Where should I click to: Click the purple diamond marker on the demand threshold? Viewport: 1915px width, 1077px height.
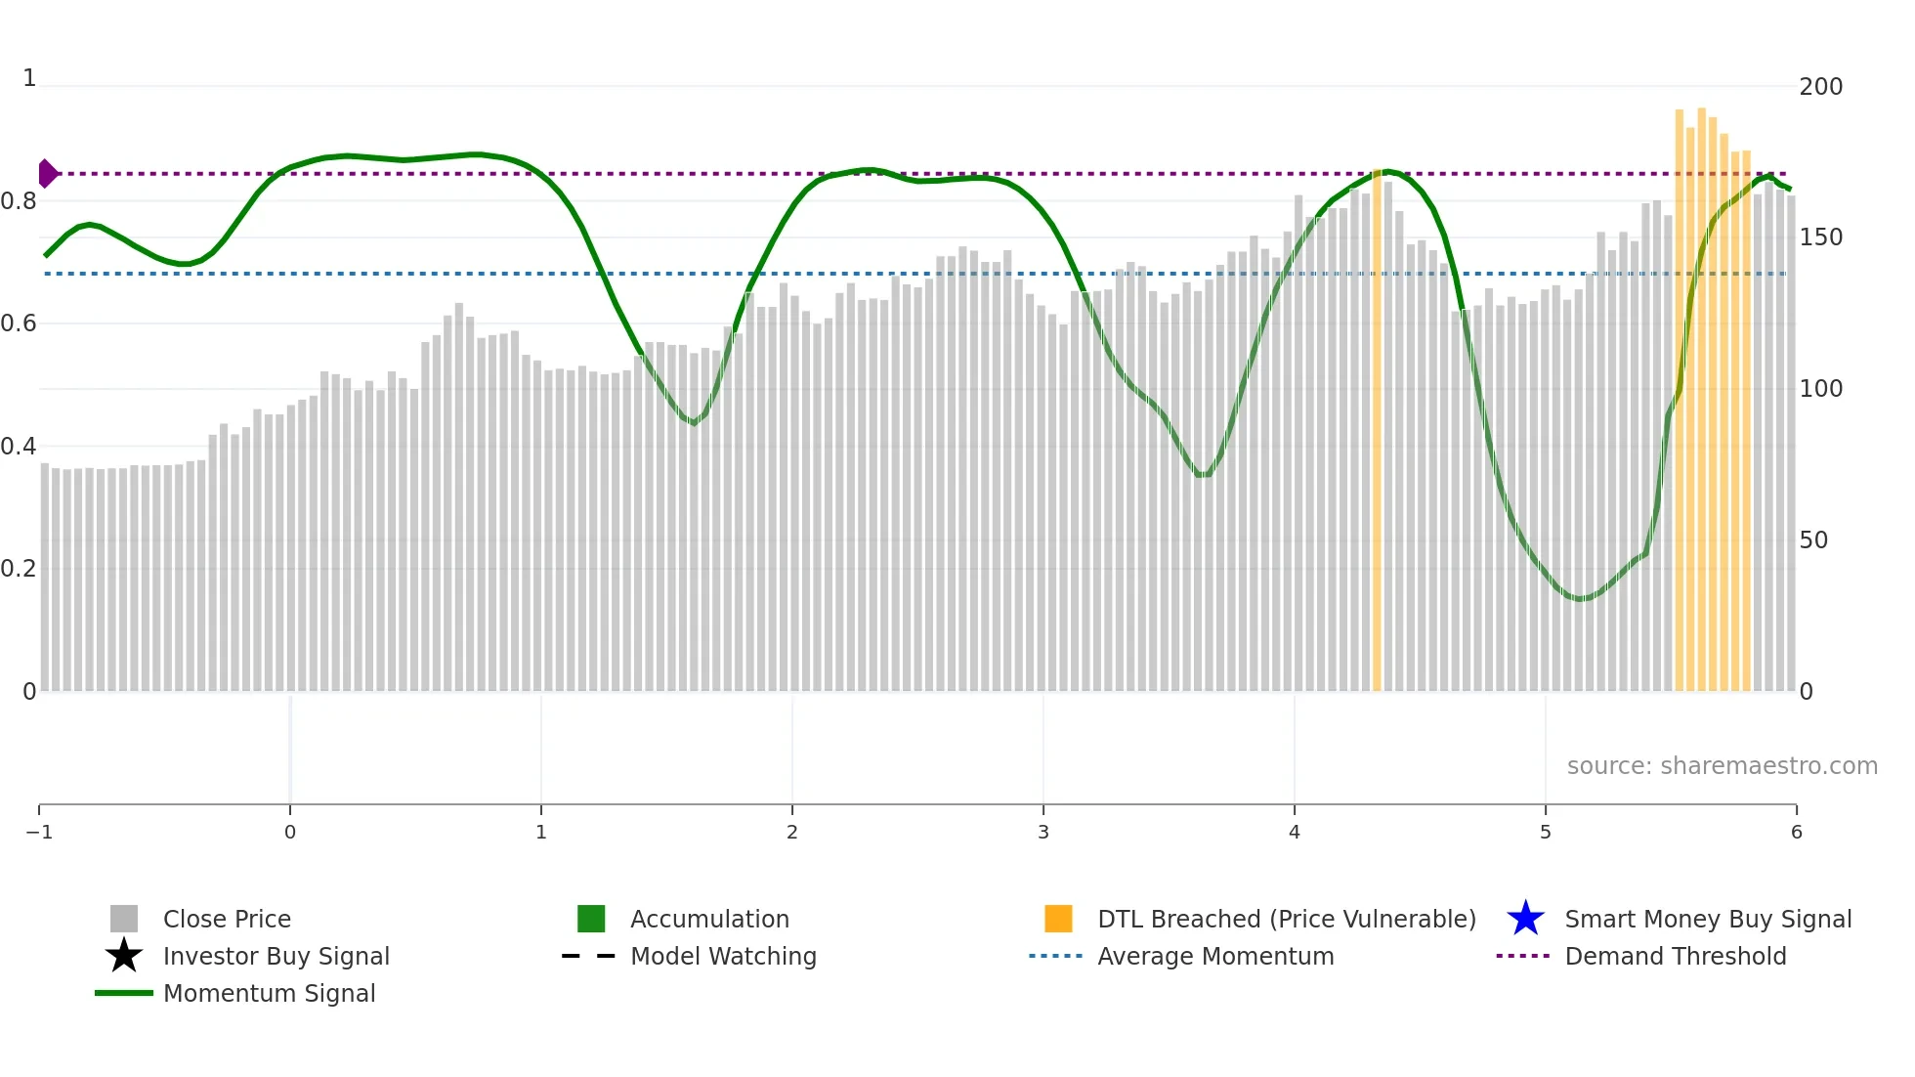pos(47,174)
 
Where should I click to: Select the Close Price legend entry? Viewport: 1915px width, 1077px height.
pos(227,920)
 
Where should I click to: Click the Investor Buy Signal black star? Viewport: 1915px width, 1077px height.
pos(124,956)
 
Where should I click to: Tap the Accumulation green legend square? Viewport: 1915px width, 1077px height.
pos(591,920)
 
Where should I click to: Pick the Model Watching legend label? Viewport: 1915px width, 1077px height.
pos(723,957)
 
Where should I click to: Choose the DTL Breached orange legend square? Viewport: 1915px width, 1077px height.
pos(1058,920)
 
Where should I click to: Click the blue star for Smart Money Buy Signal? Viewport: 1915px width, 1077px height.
pos(1525,920)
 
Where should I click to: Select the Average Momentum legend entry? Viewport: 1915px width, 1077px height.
pos(1215,957)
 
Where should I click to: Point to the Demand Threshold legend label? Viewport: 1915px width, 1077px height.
pos(1675,957)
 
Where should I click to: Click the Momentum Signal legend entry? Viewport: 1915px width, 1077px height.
pos(269,994)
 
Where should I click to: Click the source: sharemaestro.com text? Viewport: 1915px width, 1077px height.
pos(1722,766)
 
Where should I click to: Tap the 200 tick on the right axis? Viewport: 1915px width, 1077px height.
pos(1820,87)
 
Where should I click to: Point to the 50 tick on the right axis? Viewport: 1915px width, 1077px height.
pos(1813,540)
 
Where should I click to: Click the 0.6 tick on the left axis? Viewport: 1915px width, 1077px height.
pos(19,323)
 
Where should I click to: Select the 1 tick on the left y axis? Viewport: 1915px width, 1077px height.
pos(29,78)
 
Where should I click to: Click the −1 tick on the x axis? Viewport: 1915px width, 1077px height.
pos(39,833)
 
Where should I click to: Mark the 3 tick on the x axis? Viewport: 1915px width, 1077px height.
pos(1043,833)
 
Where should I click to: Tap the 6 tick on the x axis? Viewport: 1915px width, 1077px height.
pos(1796,833)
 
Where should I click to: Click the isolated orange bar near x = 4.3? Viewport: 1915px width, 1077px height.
pos(1377,430)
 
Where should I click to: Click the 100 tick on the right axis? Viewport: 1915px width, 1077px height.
pos(1820,389)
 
